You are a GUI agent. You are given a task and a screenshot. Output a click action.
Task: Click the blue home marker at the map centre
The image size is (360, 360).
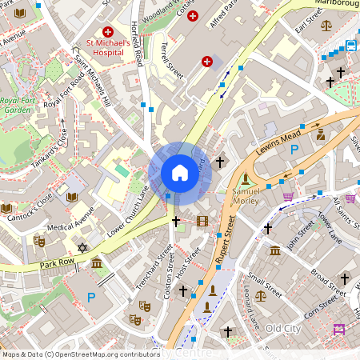[x=179, y=173]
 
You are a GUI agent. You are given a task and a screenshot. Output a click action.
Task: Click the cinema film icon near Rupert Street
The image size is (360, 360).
[x=202, y=220]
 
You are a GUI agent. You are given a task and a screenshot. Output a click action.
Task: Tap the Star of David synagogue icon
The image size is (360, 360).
[x=81, y=249]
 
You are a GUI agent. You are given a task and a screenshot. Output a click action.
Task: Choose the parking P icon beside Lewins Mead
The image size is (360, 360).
[x=294, y=150]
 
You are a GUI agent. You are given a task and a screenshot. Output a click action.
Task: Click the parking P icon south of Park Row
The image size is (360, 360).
[x=90, y=297]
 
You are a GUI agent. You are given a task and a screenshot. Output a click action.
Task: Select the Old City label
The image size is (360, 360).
[x=283, y=328]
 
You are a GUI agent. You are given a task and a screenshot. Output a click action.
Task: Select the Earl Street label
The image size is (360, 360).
[x=307, y=26]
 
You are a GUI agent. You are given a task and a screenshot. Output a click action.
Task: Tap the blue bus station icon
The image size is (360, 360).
[x=351, y=45]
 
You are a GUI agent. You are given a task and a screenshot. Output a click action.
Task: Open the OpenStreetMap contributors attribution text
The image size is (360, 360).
[x=80, y=354]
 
